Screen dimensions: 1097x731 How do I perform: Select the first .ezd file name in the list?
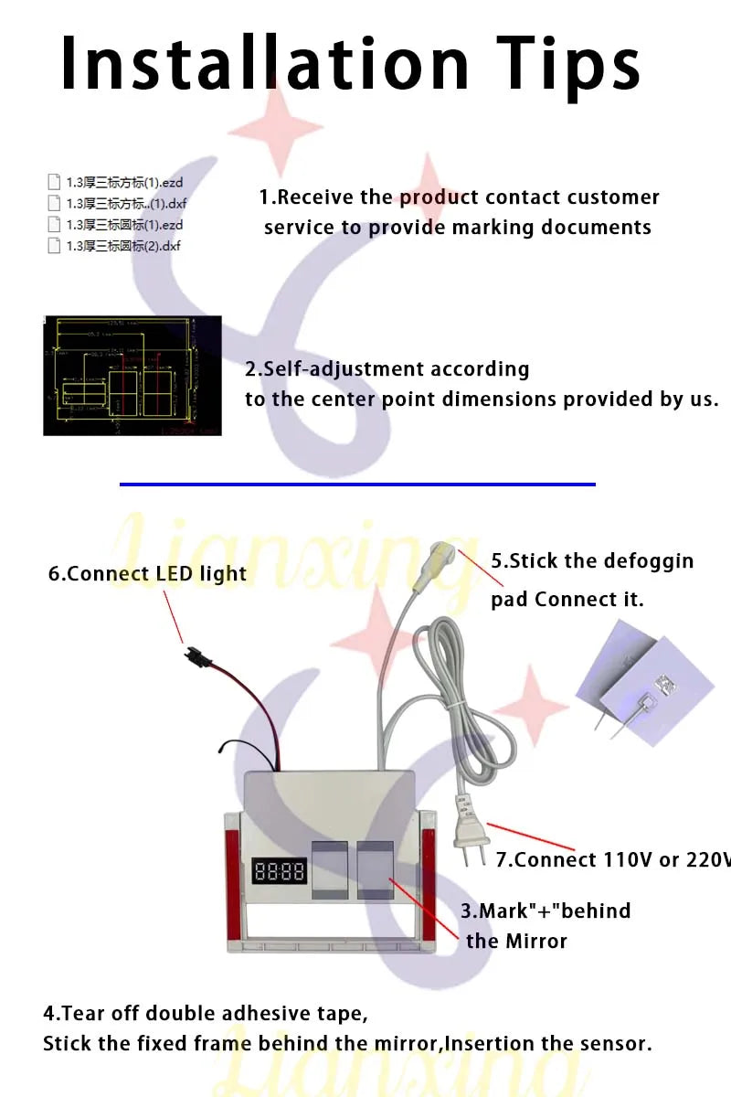pyautogui.click(x=124, y=183)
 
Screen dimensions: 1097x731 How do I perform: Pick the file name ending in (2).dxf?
pyautogui.click(x=123, y=246)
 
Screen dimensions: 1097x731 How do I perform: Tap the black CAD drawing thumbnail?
pyautogui.click(x=132, y=376)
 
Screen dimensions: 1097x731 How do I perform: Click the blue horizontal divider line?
pyautogui.click(x=357, y=484)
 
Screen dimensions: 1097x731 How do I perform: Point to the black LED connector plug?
pyautogui.click(x=193, y=655)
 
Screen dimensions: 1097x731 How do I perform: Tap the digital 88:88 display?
pyautogui.click(x=280, y=870)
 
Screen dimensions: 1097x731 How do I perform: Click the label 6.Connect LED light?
pyautogui.click(x=147, y=574)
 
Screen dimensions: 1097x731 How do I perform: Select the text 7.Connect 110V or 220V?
pyautogui.click(x=612, y=860)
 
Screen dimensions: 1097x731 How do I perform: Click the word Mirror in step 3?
pyautogui.click(x=533, y=941)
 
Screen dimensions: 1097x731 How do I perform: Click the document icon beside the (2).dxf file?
pyautogui.click(x=54, y=246)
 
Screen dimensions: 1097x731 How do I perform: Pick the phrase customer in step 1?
pyautogui.click(x=612, y=197)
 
